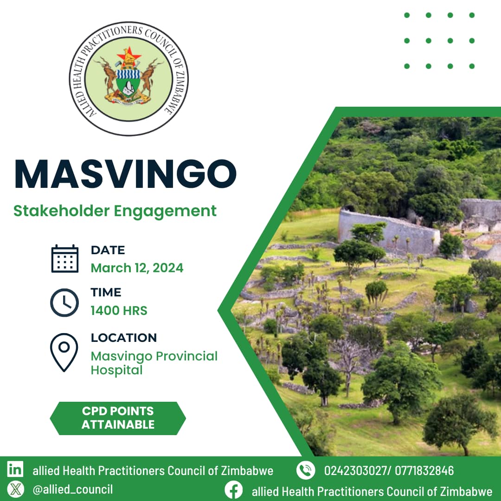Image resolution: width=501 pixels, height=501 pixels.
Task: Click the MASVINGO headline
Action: tap(126, 174)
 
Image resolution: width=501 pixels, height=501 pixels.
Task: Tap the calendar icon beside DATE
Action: tap(65, 258)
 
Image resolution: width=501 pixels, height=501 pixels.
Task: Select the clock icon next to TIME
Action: tap(64, 302)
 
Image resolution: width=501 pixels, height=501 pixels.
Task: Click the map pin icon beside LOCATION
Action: tap(64, 353)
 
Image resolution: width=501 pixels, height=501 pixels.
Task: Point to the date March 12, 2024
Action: tap(137, 268)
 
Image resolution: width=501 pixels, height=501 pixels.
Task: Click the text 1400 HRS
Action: tap(119, 310)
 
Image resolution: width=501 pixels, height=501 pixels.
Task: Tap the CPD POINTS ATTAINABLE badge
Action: tap(118, 418)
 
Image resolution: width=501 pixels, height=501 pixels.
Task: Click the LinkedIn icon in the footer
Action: tap(15, 469)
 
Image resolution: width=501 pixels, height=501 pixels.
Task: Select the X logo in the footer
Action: tap(15, 489)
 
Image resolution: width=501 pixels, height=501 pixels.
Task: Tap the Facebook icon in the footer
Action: tap(233, 490)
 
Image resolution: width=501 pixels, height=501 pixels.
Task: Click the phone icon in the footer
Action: tap(306, 470)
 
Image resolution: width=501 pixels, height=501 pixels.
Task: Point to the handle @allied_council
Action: tap(73, 489)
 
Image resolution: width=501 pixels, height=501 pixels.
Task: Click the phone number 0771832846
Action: tap(424, 471)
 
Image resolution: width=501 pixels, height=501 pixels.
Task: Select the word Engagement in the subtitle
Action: tap(165, 211)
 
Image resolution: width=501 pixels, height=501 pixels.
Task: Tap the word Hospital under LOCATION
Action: tap(116, 370)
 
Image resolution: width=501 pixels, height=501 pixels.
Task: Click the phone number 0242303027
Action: tap(355, 471)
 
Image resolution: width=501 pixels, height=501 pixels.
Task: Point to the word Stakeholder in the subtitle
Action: tap(62, 211)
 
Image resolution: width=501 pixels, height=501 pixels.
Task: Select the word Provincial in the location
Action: tap(186, 356)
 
